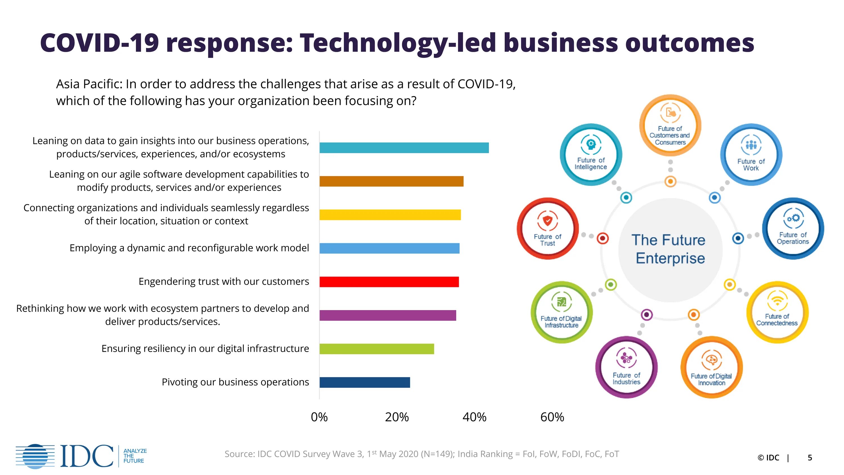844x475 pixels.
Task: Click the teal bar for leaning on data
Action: coord(404,148)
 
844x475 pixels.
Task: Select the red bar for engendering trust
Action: coord(389,282)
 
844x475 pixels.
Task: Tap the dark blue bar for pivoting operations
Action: coord(365,382)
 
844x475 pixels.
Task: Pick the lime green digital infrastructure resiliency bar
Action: coord(377,349)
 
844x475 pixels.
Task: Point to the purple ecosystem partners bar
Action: coord(388,315)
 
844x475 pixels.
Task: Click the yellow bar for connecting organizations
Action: coord(390,215)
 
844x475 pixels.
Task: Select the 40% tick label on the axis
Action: coord(474,417)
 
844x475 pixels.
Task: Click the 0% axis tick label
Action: coord(319,417)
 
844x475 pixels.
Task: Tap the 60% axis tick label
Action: coord(552,417)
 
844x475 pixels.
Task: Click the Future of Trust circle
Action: coord(547,228)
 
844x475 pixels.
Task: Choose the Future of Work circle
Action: coord(751,154)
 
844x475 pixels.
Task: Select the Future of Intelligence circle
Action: coord(591,154)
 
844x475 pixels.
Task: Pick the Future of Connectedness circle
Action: coord(777,312)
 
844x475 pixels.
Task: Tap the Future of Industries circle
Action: coord(626,367)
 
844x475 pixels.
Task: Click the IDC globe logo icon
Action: coord(35,456)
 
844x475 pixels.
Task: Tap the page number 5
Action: coord(810,458)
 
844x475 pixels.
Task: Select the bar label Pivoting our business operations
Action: coord(235,382)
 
